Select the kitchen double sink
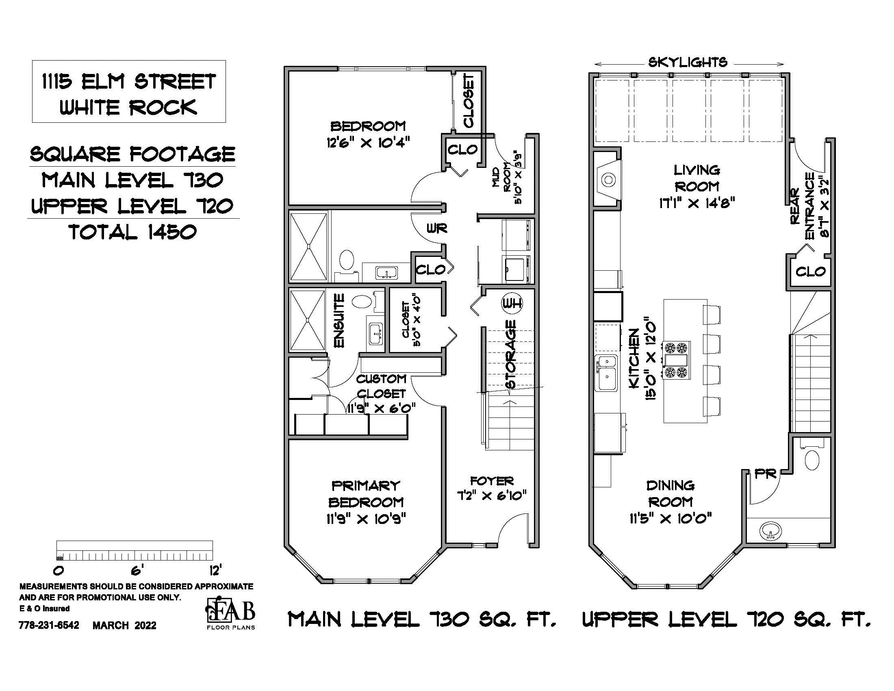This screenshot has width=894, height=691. pyautogui.click(x=606, y=373)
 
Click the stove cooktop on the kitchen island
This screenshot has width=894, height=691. pyautogui.click(x=677, y=360)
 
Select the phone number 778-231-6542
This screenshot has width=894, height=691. pyautogui.click(x=49, y=626)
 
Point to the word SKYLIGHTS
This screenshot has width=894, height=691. pyautogui.click(x=688, y=63)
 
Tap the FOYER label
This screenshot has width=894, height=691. pyautogui.click(x=492, y=480)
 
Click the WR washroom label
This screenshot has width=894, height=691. pyautogui.click(x=437, y=228)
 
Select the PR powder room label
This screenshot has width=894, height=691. pyautogui.click(x=765, y=474)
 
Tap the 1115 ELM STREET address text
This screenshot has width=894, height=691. pyautogui.click(x=129, y=81)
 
